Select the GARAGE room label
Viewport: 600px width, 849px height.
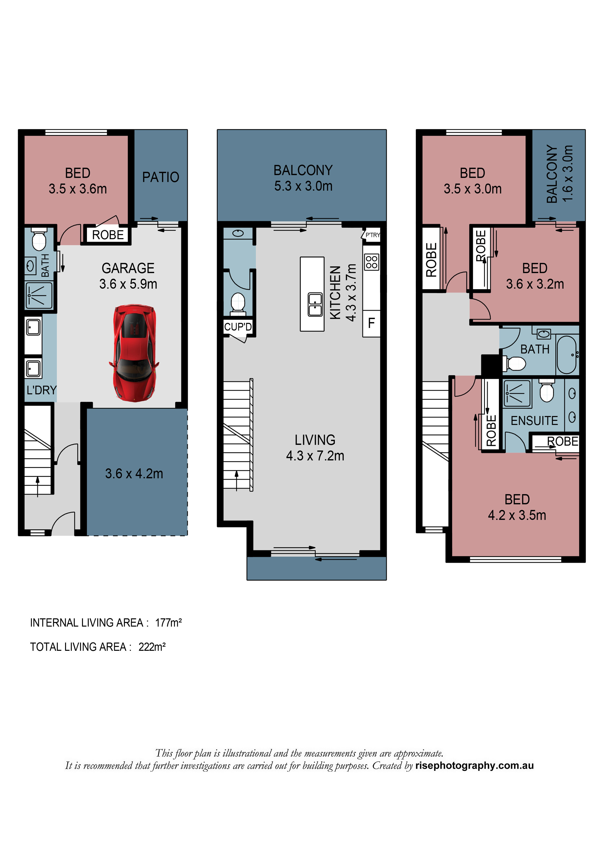[128, 268]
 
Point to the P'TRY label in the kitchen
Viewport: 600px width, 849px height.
[372, 235]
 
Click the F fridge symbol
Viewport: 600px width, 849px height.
[371, 323]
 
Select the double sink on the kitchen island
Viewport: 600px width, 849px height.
[315, 304]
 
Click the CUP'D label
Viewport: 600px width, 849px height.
[238, 326]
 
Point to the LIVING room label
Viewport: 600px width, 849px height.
[315, 440]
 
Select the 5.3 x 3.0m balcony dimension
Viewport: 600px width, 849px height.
[303, 186]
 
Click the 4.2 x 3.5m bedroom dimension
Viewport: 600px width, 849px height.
[517, 515]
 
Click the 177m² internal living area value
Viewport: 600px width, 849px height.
[168, 623]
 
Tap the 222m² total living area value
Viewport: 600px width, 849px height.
[152, 647]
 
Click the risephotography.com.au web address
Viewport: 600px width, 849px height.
[474, 766]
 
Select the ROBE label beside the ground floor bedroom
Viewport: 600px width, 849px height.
[108, 235]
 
